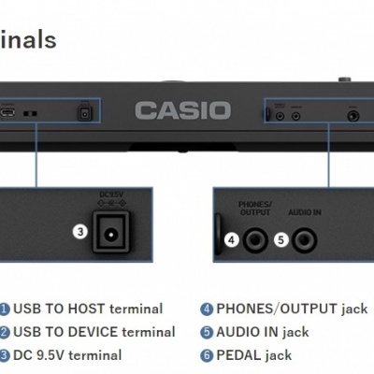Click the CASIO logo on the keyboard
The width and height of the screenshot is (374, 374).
(x=182, y=110)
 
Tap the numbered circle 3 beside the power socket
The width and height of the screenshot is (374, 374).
(x=81, y=231)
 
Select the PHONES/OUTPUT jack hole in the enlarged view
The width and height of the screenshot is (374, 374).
(x=255, y=240)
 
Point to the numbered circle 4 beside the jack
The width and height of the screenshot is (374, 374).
(x=231, y=239)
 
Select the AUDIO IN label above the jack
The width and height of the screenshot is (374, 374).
(x=304, y=213)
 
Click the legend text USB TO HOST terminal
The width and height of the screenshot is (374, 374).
(x=88, y=309)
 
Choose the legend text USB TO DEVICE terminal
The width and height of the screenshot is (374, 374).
(x=93, y=332)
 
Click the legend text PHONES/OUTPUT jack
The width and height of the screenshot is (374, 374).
(x=292, y=309)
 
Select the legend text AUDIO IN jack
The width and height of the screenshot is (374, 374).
(x=263, y=332)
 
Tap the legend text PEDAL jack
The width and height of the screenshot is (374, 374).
(x=254, y=355)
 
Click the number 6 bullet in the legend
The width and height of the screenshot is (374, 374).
(x=207, y=355)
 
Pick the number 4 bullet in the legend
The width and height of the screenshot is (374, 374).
(x=207, y=309)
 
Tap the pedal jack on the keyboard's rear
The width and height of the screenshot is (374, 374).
(x=354, y=114)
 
